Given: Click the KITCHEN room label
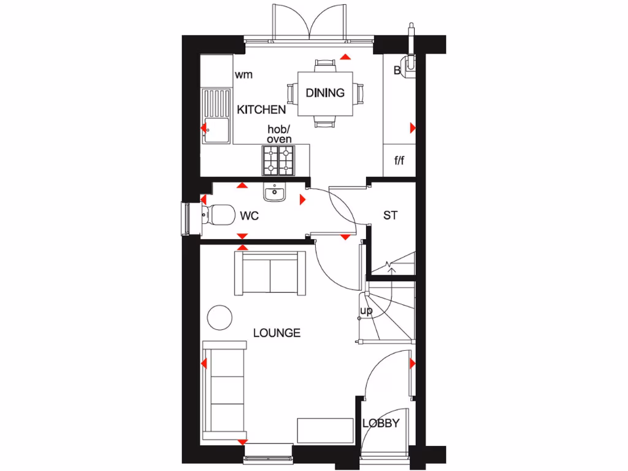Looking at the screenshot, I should coord(261,110).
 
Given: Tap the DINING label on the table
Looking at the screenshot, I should coord(325,93).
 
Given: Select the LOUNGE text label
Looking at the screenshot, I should coord(277,333).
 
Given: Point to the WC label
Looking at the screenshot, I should coord(249,216).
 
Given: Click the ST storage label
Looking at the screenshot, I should coord(390,215).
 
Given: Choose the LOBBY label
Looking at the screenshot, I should coord(381,423).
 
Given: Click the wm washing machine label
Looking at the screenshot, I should coord(243,75).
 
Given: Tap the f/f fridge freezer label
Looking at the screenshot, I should coord(399,161).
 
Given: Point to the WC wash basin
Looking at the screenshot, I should coord(274,193).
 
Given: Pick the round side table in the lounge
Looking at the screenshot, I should coord(219,317).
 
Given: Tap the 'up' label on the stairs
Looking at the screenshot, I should coord(366,312).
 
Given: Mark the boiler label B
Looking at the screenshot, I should coord(397,71).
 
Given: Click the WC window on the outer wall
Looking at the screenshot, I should coord(186,218).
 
